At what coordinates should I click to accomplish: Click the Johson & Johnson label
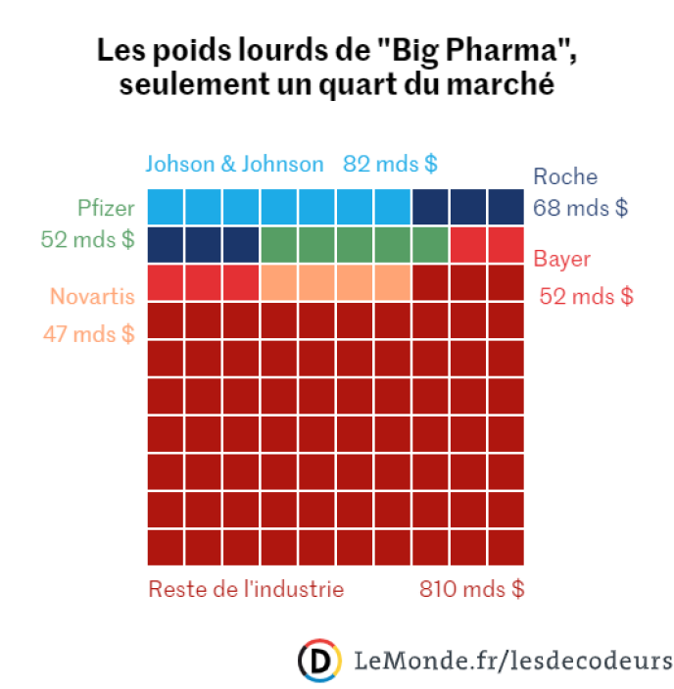234,164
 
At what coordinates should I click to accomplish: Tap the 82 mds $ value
390,164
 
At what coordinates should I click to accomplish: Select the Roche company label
565,177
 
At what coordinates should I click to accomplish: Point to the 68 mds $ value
580,208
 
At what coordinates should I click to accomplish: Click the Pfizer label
106,208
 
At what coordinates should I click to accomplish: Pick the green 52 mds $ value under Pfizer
88,239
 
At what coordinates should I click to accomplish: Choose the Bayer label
562,261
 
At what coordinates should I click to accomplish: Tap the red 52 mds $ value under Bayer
586,296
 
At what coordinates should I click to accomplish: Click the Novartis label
91,296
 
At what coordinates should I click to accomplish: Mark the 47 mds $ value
88,333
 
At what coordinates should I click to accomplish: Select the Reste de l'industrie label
246,590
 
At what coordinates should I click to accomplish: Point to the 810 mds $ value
471,590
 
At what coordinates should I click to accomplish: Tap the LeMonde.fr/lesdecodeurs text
513,659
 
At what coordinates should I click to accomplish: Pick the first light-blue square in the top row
166,207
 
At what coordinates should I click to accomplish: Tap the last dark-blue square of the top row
506,207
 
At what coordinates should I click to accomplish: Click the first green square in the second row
279,244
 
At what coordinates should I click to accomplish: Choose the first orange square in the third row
279,282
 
